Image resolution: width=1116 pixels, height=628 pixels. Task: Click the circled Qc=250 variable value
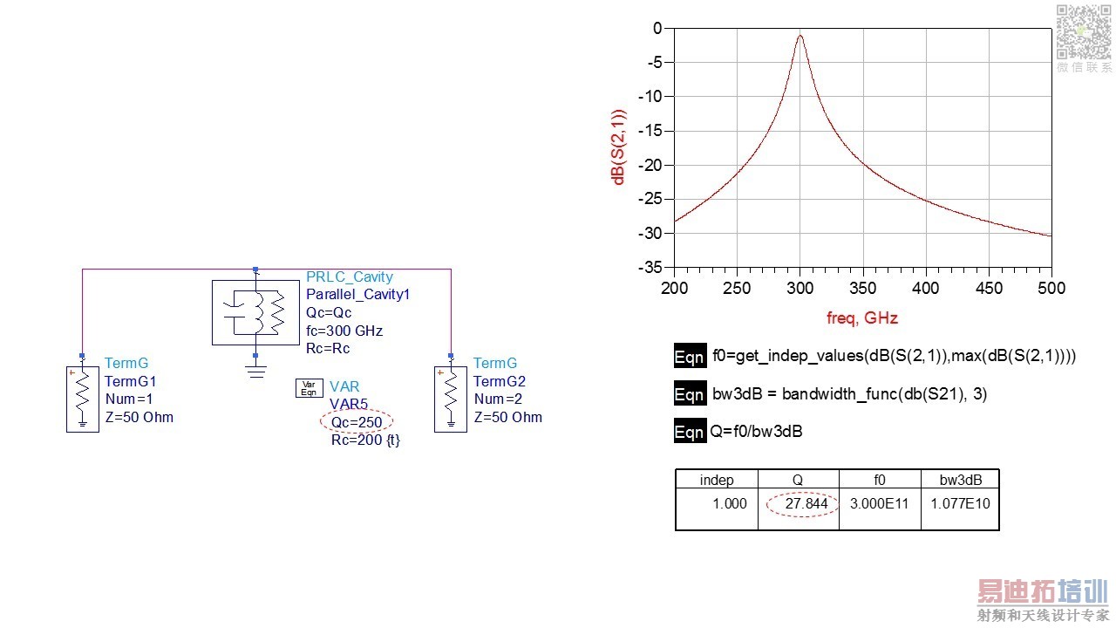pos(357,422)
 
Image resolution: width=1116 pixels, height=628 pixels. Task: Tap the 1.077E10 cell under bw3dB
pos(960,503)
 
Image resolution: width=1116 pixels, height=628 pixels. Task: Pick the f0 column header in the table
pos(880,480)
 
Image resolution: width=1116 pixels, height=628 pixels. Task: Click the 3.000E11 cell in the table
pos(880,503)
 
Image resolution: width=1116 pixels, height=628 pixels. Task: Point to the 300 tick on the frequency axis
pos(800,288)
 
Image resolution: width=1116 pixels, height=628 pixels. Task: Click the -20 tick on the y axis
pos(652,165)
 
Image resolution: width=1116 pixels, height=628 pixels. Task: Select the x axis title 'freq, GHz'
pos(861,318)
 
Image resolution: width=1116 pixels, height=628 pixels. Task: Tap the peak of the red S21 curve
pos(800,35)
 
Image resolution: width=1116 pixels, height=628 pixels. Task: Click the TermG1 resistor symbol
pos(83,399)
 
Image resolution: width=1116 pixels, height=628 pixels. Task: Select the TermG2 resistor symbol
pos(451,399)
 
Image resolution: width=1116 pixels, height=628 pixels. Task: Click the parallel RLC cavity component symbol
pos(255,312)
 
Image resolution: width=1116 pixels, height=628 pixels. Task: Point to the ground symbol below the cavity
pos(255,371)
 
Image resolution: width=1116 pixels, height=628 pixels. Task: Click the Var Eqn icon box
pos(308,389)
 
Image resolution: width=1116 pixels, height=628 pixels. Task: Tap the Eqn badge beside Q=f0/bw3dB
pos(689,432)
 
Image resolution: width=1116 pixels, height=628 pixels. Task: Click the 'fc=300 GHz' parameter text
pos(344,331)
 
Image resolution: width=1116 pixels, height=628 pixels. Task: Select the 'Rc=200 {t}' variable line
pos(364,440)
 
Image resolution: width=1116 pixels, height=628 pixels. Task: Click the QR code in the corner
pos(1080,31)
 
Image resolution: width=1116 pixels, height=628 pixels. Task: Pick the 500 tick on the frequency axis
pos(1051,288)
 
